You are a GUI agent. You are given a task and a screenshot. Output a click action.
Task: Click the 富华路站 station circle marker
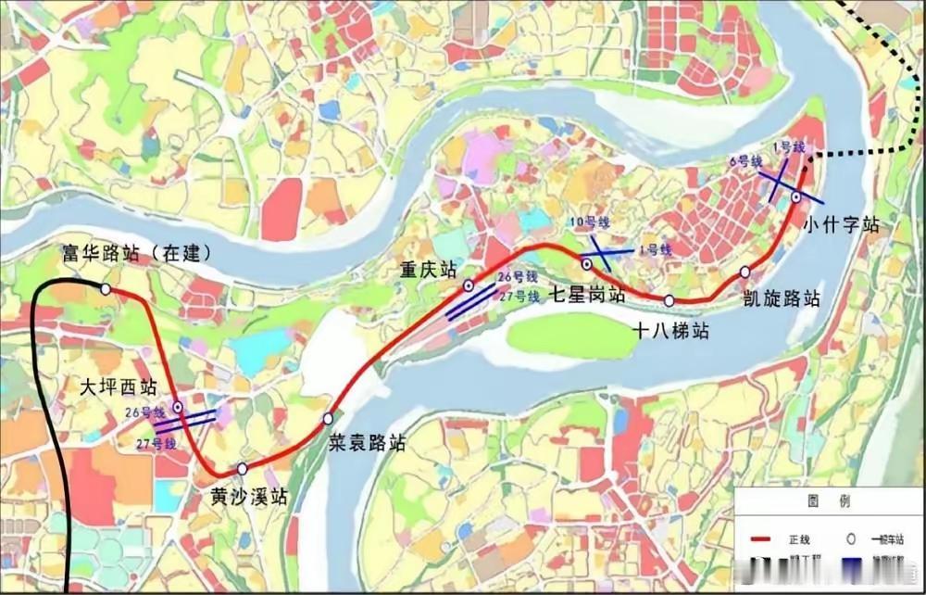106,289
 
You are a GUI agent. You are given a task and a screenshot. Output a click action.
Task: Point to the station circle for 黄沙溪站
242,468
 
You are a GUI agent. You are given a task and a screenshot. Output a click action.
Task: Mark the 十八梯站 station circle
669,300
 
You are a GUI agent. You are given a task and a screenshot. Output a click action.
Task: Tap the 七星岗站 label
588,295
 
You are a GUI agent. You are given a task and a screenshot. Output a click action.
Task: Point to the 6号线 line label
745,161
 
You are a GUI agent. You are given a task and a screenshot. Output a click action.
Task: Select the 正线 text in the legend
798,538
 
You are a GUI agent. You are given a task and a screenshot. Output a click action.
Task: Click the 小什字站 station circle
796,196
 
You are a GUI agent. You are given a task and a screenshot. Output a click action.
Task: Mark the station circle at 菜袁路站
328,419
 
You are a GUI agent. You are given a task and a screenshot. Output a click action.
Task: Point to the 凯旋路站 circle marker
745,272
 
